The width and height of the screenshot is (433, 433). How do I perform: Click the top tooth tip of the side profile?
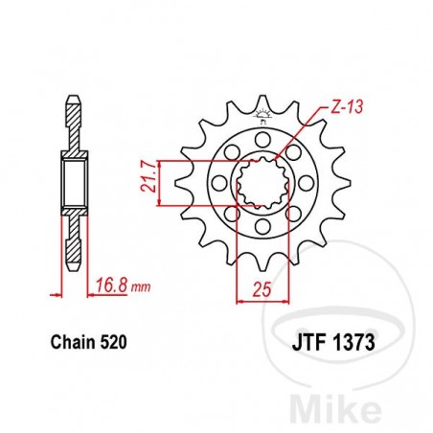74,98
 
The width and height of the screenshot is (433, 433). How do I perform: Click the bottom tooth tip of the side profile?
74,265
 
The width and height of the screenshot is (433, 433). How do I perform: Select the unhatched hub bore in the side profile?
74,182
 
